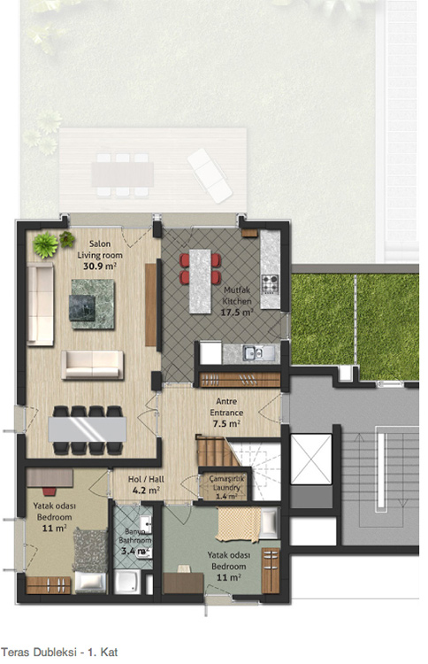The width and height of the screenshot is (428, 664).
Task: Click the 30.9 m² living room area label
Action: coord(100,266)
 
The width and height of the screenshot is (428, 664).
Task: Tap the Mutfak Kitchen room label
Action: coord(237,296)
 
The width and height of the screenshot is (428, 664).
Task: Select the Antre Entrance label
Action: coord(226,406)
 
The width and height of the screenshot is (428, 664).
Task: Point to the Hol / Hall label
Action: coord(146,479)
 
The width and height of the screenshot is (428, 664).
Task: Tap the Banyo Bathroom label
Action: coord(135,536)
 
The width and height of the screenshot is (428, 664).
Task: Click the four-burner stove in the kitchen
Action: coord(271,284)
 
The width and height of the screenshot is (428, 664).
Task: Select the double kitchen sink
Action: coord(253,352)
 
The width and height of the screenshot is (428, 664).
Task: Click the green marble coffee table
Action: coord(93,304)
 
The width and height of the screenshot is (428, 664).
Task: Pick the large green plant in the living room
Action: coord(46,244)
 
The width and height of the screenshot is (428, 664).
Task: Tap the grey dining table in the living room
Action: coord(88,429)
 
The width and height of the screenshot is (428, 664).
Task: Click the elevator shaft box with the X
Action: coord(311,459)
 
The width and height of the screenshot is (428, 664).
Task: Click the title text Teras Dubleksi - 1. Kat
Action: coord(59,652)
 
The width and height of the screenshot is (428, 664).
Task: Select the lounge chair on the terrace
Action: coord(210,175)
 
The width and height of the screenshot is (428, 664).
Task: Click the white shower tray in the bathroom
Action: coord(127,582)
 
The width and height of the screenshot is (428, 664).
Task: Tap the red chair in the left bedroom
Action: coord(49,491)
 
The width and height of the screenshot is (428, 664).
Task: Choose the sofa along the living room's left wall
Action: coord(40,304)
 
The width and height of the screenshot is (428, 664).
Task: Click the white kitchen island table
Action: coord(200,282)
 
